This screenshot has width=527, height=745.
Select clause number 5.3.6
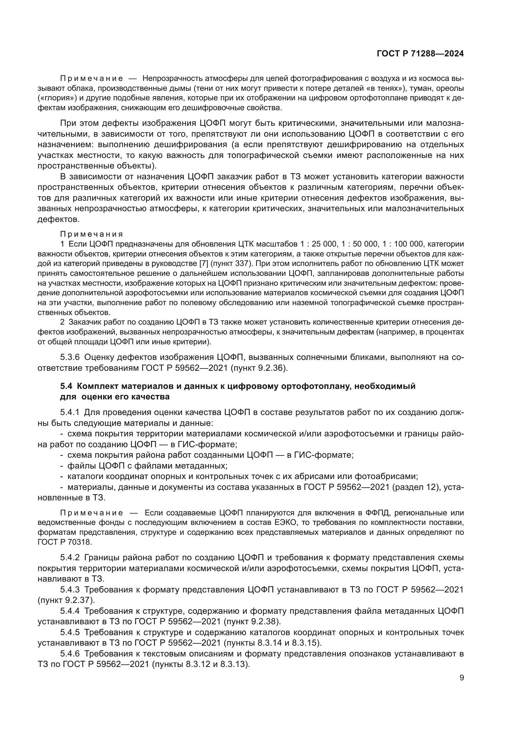coord(70,357)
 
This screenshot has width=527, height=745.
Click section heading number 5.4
coord(67,386)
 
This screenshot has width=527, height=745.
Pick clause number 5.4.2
coord(70,557)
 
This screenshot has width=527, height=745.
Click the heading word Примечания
coord(91,234)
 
